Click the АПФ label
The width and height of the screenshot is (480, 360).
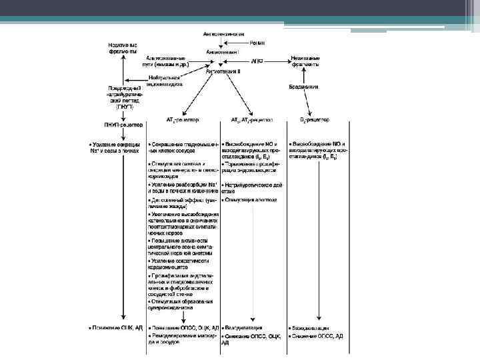(x=259, y=61)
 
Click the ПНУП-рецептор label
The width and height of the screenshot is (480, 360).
(x=123, y=125)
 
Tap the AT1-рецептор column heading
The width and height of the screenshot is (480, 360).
(x=183, y=121)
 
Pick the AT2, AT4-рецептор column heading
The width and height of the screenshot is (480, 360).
(x=252, y=121)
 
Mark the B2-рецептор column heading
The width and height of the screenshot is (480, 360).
(x=313, y=121)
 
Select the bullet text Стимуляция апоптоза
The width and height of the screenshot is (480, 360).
(x=250, y=199)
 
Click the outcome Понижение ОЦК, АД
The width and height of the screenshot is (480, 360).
(x=118, y=328)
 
